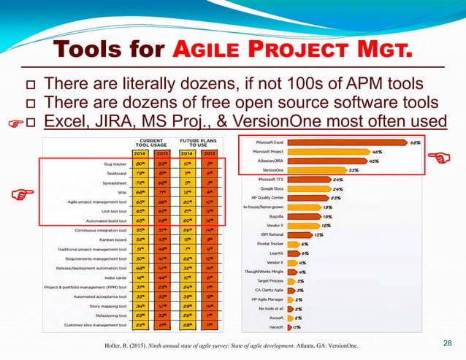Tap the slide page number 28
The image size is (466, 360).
pyautogui.click(x=448, y=344)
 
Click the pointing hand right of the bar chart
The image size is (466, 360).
pyautogui.click(x=438, y=156)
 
